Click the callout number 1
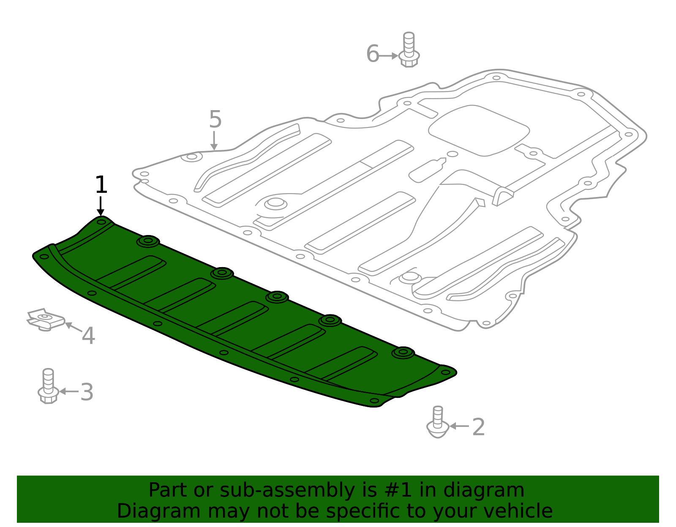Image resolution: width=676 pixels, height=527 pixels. (x=101, y=185)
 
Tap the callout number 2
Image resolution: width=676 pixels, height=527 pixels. (x=478, y=427)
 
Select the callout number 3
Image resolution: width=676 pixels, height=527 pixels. (x=87, y=392)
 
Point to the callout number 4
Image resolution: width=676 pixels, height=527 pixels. (x=88, y=336)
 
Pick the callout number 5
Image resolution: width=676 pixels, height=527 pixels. (x=215, y=119)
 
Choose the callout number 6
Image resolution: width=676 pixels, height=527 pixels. (x=372, y=54)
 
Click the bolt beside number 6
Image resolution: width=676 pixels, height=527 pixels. (x=409, y=50)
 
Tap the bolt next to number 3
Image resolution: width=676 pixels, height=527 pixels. (x=48, y=386)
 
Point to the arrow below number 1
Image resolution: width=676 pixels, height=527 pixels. (x=101, y=207)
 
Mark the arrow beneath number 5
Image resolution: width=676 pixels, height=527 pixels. (x=214, y=141)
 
